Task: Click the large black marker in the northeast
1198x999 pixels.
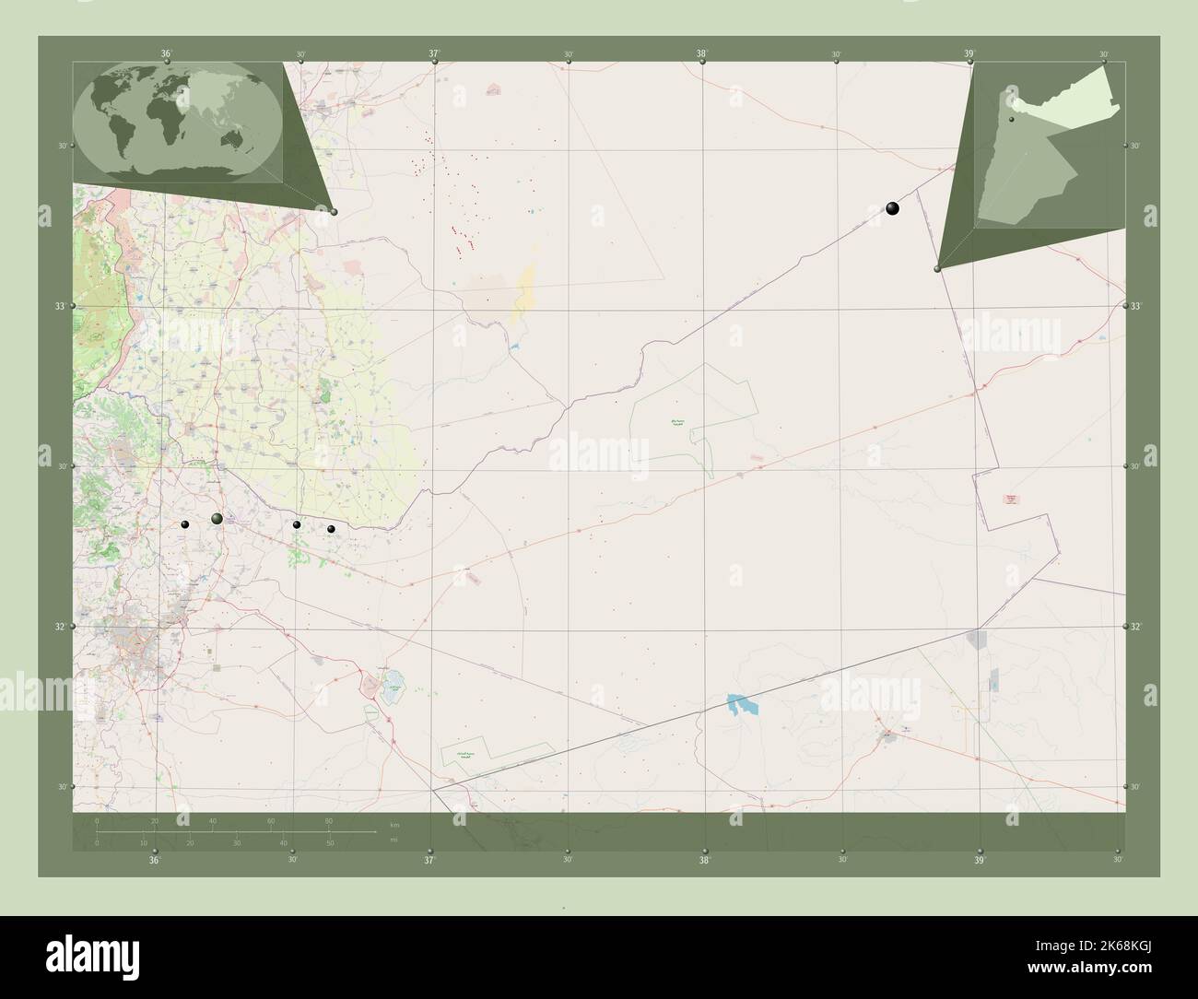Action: tap(892, 208)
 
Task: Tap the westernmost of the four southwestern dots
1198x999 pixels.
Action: tap(185, 525)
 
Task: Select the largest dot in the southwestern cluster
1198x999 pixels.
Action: tap(217, 520)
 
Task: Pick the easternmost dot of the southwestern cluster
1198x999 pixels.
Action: tap(331, 529)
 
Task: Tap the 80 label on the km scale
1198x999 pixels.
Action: tap(328, 821)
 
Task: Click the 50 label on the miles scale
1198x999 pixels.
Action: tap(329, 843)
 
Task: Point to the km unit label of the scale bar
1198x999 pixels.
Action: tap(394, 824)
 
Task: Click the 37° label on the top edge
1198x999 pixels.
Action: tap(434, 54)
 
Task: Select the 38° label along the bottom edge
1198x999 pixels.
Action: tap(704, 860)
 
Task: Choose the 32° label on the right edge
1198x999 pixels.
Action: tap(1136, 627)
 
